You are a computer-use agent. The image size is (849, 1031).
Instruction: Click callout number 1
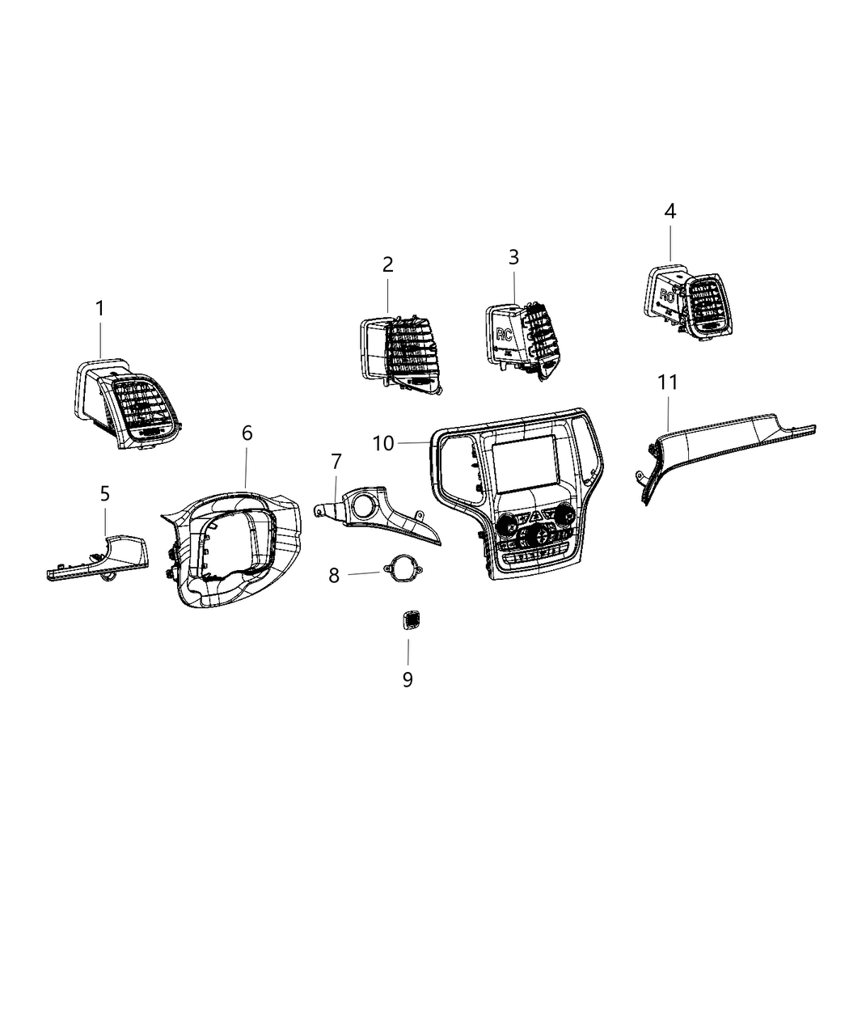(99, 308)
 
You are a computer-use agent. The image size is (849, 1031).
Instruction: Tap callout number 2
(388, 264)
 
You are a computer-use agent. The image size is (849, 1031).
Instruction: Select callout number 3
(513, 257)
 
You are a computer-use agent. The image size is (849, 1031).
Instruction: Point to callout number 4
(669, 211)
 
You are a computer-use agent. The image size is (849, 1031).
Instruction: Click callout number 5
(105, 492)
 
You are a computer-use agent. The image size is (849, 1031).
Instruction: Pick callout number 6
(247, 433)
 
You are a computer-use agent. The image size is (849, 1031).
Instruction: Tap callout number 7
(336, 462)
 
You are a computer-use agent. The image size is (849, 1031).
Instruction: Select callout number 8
(334, 575)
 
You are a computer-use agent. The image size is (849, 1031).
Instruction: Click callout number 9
(408, 679)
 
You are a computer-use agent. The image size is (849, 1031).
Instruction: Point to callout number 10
(383, 442)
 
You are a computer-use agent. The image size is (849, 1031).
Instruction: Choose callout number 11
(668, 382)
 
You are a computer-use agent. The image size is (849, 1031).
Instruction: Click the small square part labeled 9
(408, 621)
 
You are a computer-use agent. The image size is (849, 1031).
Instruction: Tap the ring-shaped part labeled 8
(401, 569)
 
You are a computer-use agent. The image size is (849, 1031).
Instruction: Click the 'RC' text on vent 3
(504, 334)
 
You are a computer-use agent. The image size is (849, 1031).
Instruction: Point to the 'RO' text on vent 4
(666, 295)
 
